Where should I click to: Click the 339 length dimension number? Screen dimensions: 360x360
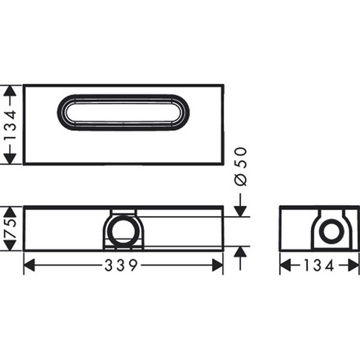click(121, 265)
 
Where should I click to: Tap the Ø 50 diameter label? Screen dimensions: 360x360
click(241, 166)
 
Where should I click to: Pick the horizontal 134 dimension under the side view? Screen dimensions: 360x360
click(319, 265)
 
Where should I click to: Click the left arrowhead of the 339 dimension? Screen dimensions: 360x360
click(29, 265)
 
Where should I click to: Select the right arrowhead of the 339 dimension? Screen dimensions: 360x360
click(217, 265)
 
